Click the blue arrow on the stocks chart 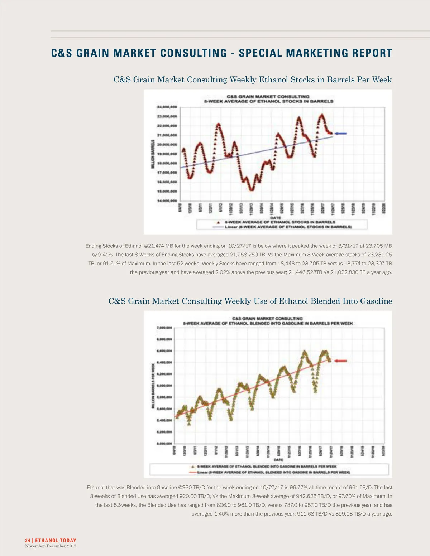(340, 134)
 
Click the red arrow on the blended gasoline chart (340, 361)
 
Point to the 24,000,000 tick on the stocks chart (167, 107)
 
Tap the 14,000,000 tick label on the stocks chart (167, 201)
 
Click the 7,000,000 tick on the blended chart (164, 328)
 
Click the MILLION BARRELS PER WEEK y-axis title (153, 386)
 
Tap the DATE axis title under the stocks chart (275, 218)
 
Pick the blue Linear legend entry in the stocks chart (283, 227)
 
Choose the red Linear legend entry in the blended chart (269, 472)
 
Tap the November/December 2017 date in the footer (51, 546)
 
